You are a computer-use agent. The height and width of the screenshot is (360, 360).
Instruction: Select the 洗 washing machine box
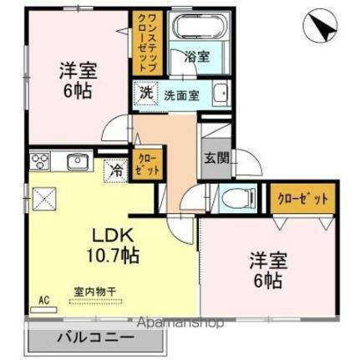[146, 93]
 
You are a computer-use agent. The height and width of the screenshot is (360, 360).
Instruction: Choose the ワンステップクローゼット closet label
[141, 42]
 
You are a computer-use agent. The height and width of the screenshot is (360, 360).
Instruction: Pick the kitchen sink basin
[75, 160]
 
